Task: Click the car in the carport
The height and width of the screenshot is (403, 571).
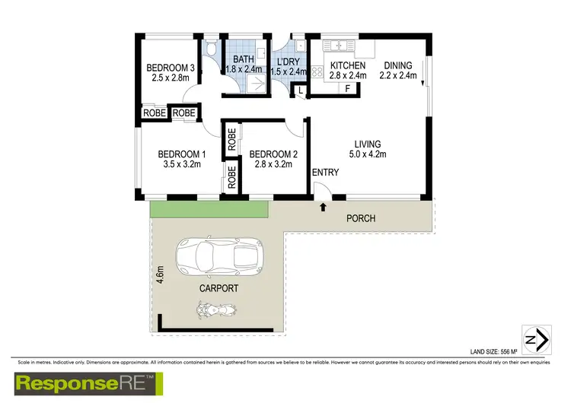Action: [x=220, y=258]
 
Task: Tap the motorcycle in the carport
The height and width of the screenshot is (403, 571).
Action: [x=217, y=309]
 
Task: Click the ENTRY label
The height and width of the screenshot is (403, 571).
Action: [x=325, y=173]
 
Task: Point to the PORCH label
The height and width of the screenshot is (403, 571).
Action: [x=362, y=219]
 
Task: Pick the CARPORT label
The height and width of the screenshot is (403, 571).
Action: [x=219, y=289]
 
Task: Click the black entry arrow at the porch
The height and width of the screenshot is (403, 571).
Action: [x=323, y=205]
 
